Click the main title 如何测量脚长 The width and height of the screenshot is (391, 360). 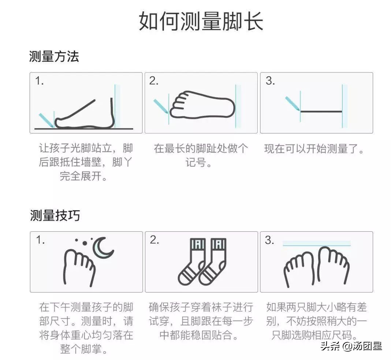[201, 22]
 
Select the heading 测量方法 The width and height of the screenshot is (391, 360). [54, 57]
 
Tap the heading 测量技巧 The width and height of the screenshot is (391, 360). [55, 215]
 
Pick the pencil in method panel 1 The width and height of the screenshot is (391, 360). [45, 120]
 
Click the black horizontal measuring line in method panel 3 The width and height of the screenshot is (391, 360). [321, 111]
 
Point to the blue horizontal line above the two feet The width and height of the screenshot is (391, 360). [316, 243]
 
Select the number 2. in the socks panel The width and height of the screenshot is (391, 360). [154, 240]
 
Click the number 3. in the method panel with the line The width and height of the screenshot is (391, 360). [270, 81]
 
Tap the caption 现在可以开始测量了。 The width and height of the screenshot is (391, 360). [314, 149]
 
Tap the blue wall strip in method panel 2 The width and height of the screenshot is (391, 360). [238, 106]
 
